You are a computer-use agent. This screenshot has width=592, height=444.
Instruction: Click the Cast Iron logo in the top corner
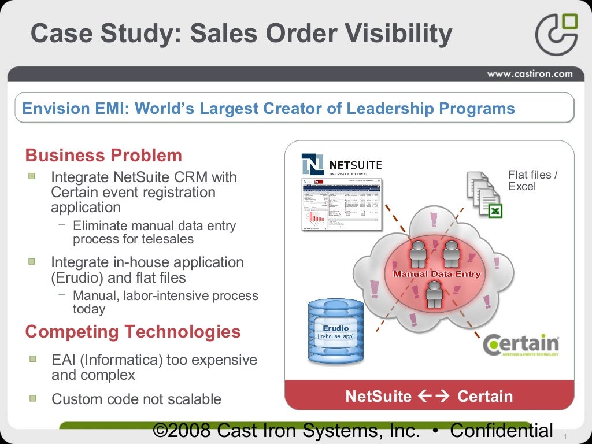click(x=556, y=34)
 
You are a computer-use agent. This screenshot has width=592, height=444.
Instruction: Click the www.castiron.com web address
click(x=530, y=73)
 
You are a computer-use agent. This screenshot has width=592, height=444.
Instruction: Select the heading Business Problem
click(x=103, y=156)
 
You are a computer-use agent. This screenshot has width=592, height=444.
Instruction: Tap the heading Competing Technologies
click(x=133, y=332)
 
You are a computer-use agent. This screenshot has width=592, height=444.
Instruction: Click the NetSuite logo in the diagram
click(x=342, y=164)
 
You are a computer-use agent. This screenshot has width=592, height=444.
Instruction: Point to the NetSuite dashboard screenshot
click(x=342, y=205)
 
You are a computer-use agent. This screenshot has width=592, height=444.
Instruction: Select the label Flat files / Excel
click(x=532, y=180)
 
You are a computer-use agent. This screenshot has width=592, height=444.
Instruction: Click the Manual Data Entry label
click(x=436, y=274)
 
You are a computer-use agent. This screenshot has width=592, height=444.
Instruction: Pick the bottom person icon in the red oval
click(x=434, y=294)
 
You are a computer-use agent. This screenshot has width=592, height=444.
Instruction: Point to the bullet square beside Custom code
click(x=33, y=398)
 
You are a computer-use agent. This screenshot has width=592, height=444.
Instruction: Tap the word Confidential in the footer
click(x=501, y=431)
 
